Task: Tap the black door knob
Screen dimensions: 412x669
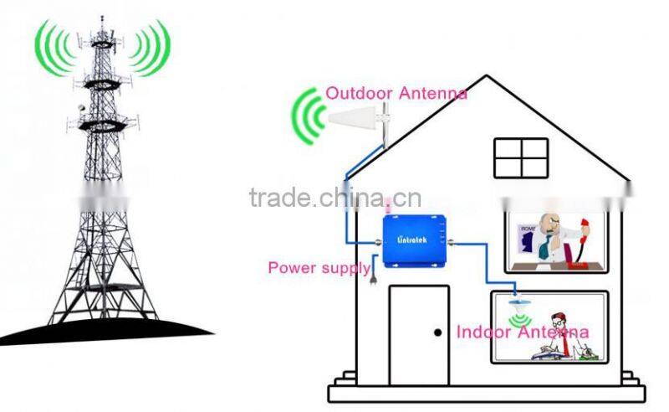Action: [437, 332]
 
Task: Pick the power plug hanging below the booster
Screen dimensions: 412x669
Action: [372, 271]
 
